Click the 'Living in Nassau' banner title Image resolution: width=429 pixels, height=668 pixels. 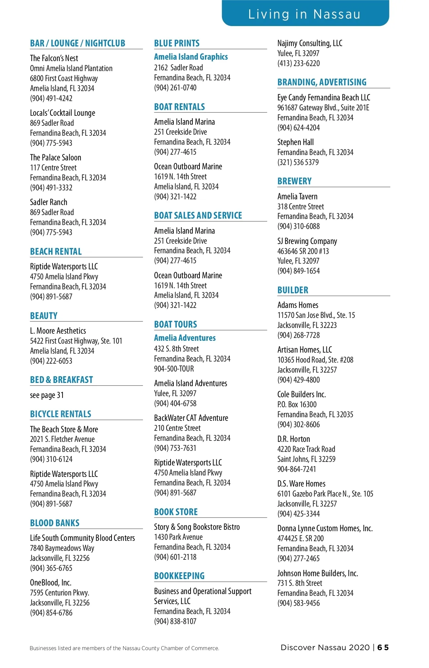tap(304, 14)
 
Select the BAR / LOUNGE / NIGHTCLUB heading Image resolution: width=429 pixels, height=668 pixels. tap(78, 44)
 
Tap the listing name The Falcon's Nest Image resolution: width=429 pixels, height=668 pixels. tap(54, 58)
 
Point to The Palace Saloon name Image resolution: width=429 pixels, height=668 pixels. tap(55, 158)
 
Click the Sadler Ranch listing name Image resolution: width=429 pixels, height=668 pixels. tap(49, 202)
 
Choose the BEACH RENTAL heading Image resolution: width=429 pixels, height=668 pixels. tap(56, 251)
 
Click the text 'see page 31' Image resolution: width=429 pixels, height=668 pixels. tap(47, 395)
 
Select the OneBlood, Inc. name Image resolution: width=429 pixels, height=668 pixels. tap(51, 583)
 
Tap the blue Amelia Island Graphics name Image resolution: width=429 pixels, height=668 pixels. tap(191, 57)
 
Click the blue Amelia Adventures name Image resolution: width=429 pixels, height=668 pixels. tap(185, 338)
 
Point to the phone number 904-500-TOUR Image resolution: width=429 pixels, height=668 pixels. tap(174, 369)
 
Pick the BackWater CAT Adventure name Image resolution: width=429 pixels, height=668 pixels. tap(191, 418)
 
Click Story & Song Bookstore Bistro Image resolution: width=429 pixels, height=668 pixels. tap(197, 527)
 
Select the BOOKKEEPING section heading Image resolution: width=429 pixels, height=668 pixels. tap(179, 576)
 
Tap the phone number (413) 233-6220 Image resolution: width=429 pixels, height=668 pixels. tap(299, 63)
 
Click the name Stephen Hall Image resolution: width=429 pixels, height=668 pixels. tap(296, 142)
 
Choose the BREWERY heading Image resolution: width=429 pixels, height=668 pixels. tap(295, 181)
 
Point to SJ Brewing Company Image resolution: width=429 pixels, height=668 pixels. tap(307, 241)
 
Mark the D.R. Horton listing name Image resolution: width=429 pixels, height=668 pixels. tap(294, 439)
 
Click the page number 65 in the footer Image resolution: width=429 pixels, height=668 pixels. tap(383, 648)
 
